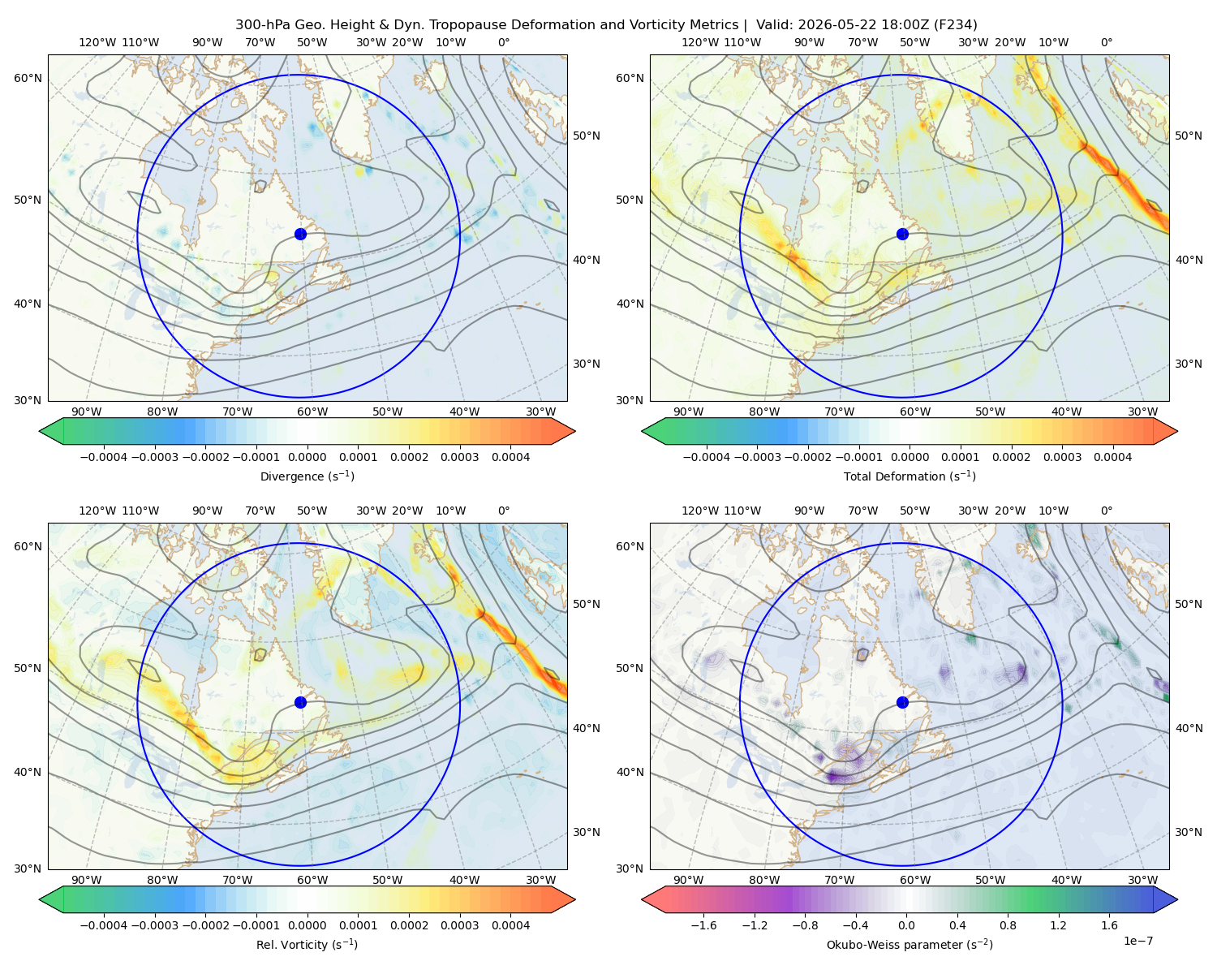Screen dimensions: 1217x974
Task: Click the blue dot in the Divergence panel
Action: point(300,235)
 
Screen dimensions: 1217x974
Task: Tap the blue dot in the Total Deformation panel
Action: point(902,235)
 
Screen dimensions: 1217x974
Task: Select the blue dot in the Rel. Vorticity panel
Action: point(300,702)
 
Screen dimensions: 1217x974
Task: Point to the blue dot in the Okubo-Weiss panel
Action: point(902,702)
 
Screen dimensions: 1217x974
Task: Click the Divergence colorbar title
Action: point(307,476)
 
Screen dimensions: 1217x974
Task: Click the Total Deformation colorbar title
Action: point(910,476)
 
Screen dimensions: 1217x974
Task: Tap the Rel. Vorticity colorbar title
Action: point(307,945)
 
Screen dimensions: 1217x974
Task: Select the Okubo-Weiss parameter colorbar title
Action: point(910,945)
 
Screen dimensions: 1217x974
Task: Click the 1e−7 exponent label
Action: point(1137,941)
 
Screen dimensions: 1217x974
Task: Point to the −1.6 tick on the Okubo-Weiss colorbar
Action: point(703,925)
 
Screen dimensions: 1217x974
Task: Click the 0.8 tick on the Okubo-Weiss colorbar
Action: point(1008,925)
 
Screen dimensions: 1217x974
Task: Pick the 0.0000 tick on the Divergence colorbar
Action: point(307,457)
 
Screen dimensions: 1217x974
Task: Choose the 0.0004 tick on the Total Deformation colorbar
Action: point(1113,457)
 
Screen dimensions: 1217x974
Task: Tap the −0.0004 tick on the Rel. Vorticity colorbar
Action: point(104,925)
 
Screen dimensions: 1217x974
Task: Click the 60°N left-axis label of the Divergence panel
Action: point(28,78)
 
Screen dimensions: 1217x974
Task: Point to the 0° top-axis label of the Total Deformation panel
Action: point(1106,42)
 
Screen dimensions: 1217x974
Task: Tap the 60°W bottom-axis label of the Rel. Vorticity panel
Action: point(312,880)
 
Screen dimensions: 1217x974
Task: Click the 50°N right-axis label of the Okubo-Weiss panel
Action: point(1189,604)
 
